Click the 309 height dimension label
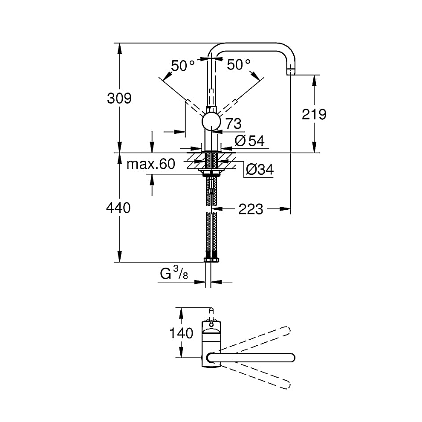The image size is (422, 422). [119, 99]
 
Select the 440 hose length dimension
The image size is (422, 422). [119, 208]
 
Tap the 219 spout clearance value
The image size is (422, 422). [314, 114]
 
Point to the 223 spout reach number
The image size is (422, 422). [251, 209]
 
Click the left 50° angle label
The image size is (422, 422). [182, 65]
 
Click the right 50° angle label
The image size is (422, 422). [238, 65]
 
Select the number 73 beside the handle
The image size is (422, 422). [233, 124]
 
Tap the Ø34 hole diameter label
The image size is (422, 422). [259, 169]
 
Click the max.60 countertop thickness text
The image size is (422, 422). [151, 164]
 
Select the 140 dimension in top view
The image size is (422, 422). [182, 332]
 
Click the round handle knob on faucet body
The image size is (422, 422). [211, 121]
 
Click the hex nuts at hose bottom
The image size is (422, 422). [211, 259]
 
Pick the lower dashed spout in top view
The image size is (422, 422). [256, 374]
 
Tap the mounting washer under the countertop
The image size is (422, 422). [211, 173]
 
